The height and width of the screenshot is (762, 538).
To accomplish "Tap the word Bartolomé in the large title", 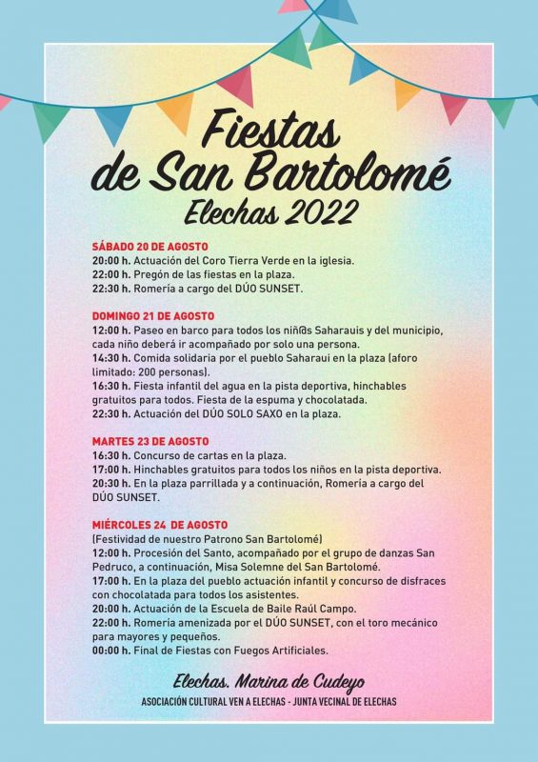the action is (x=342, y=172).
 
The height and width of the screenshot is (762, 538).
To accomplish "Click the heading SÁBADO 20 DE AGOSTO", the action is (x=149, y=246).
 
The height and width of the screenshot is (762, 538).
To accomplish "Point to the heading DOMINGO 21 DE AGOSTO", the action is (x=153, y=315).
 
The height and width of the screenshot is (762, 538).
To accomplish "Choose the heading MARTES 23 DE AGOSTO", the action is (x=149, y=442).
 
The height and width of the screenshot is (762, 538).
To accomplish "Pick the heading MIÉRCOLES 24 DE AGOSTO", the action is (x=160, y=525).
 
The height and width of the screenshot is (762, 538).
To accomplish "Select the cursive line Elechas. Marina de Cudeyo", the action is (x=269, y=681).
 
